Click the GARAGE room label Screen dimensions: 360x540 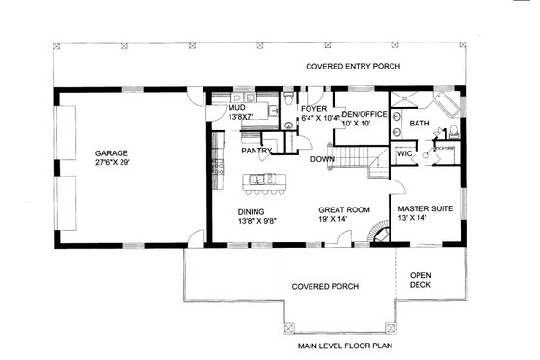pyautogui.click(x=112, y=152)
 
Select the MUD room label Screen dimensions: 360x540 pyautogui.click(x=236, y=109)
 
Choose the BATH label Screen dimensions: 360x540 pyautogui.click(x=419, y=124)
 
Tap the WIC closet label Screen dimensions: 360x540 pyautogui.click(x=405, y=153)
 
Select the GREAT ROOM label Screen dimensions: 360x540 pyautogui.click(x=344, y=208)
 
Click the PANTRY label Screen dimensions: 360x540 pyautogui.click(x=256, y=151)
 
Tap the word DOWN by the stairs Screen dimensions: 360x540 pyautogui.click(x=322, y=159)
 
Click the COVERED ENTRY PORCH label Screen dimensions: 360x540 pyautogui.click(x=353, y=67)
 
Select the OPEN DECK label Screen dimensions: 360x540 pyautogui.click(x=421, y=280)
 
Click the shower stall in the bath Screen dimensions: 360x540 pyautogui.click(x=405, y=103)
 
